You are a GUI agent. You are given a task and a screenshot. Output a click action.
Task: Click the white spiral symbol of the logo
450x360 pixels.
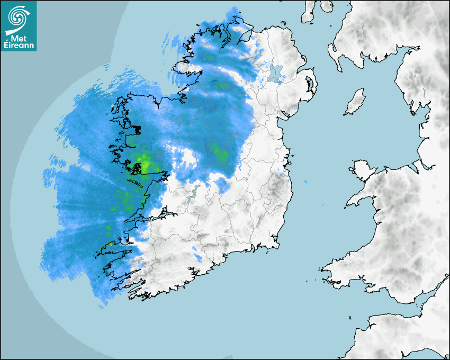pos(19,17)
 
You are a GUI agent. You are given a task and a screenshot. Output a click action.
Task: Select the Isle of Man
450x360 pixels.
pos(355,102)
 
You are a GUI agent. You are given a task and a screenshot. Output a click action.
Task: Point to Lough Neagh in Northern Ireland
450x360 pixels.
pos(274,74)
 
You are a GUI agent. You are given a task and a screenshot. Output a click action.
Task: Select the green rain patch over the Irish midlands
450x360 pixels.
pos(220,154)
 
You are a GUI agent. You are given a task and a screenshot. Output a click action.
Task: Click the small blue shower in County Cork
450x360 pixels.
pos(198,258)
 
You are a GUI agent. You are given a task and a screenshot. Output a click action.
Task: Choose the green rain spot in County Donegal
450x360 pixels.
pos(222,85)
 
